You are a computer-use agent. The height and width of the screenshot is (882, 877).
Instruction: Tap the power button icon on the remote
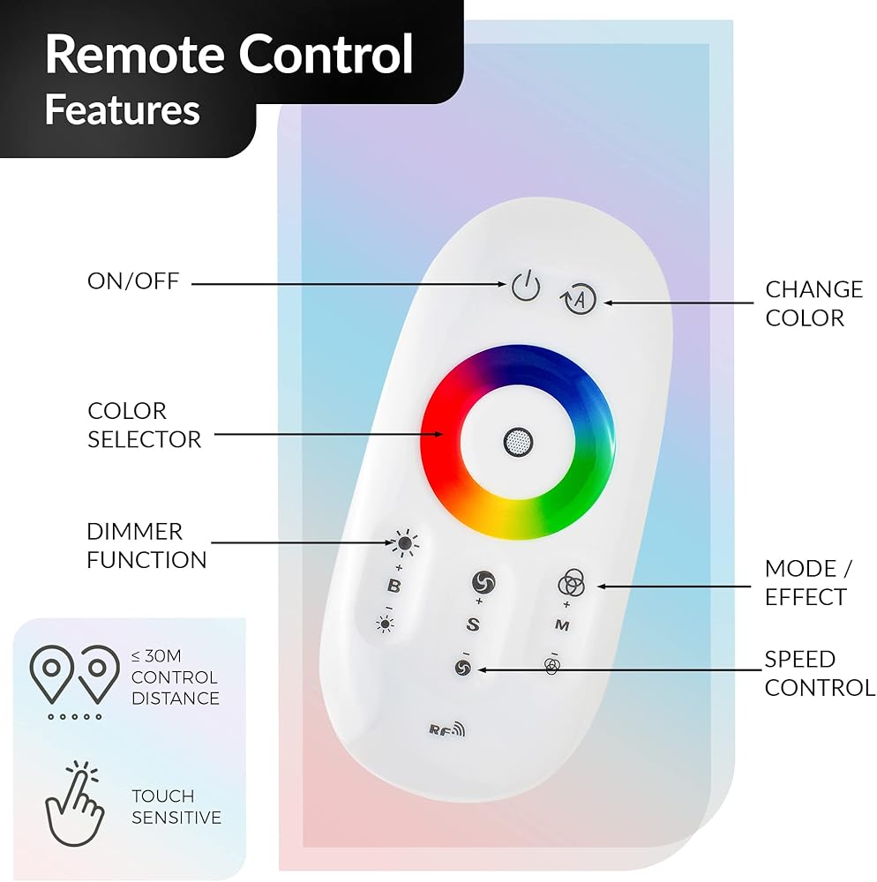[526, 287]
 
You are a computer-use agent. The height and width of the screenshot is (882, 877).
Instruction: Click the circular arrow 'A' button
[579, 299]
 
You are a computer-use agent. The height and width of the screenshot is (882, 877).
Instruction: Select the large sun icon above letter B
[404, 542]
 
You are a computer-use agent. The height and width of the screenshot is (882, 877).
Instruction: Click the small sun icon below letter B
[386, 624]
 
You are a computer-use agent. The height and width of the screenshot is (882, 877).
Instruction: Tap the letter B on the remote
[394, 586]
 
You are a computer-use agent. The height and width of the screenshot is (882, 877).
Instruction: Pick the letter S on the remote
[473, 624]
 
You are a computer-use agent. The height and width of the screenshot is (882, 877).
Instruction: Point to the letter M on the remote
[562, 625]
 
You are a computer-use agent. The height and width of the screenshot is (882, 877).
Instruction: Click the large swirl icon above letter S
[483, 582]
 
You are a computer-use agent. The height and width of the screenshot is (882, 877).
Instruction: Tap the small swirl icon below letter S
[463, 669]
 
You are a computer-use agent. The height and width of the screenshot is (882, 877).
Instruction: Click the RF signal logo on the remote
[447, 729]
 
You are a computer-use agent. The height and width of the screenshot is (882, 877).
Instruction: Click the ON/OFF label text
[133, 281]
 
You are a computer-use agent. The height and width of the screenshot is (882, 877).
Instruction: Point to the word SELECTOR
[145, 439]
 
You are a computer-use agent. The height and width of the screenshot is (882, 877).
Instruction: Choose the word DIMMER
[135, 532]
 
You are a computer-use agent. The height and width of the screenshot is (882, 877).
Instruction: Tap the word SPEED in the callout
[800, 659]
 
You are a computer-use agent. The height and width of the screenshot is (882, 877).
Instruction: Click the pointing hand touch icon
[75, 804]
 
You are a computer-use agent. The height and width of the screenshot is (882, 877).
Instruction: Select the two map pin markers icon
[74, 682]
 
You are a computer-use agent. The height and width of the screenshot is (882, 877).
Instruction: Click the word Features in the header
[123, 109]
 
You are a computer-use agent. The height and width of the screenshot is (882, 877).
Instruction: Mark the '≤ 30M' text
[156, 656]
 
